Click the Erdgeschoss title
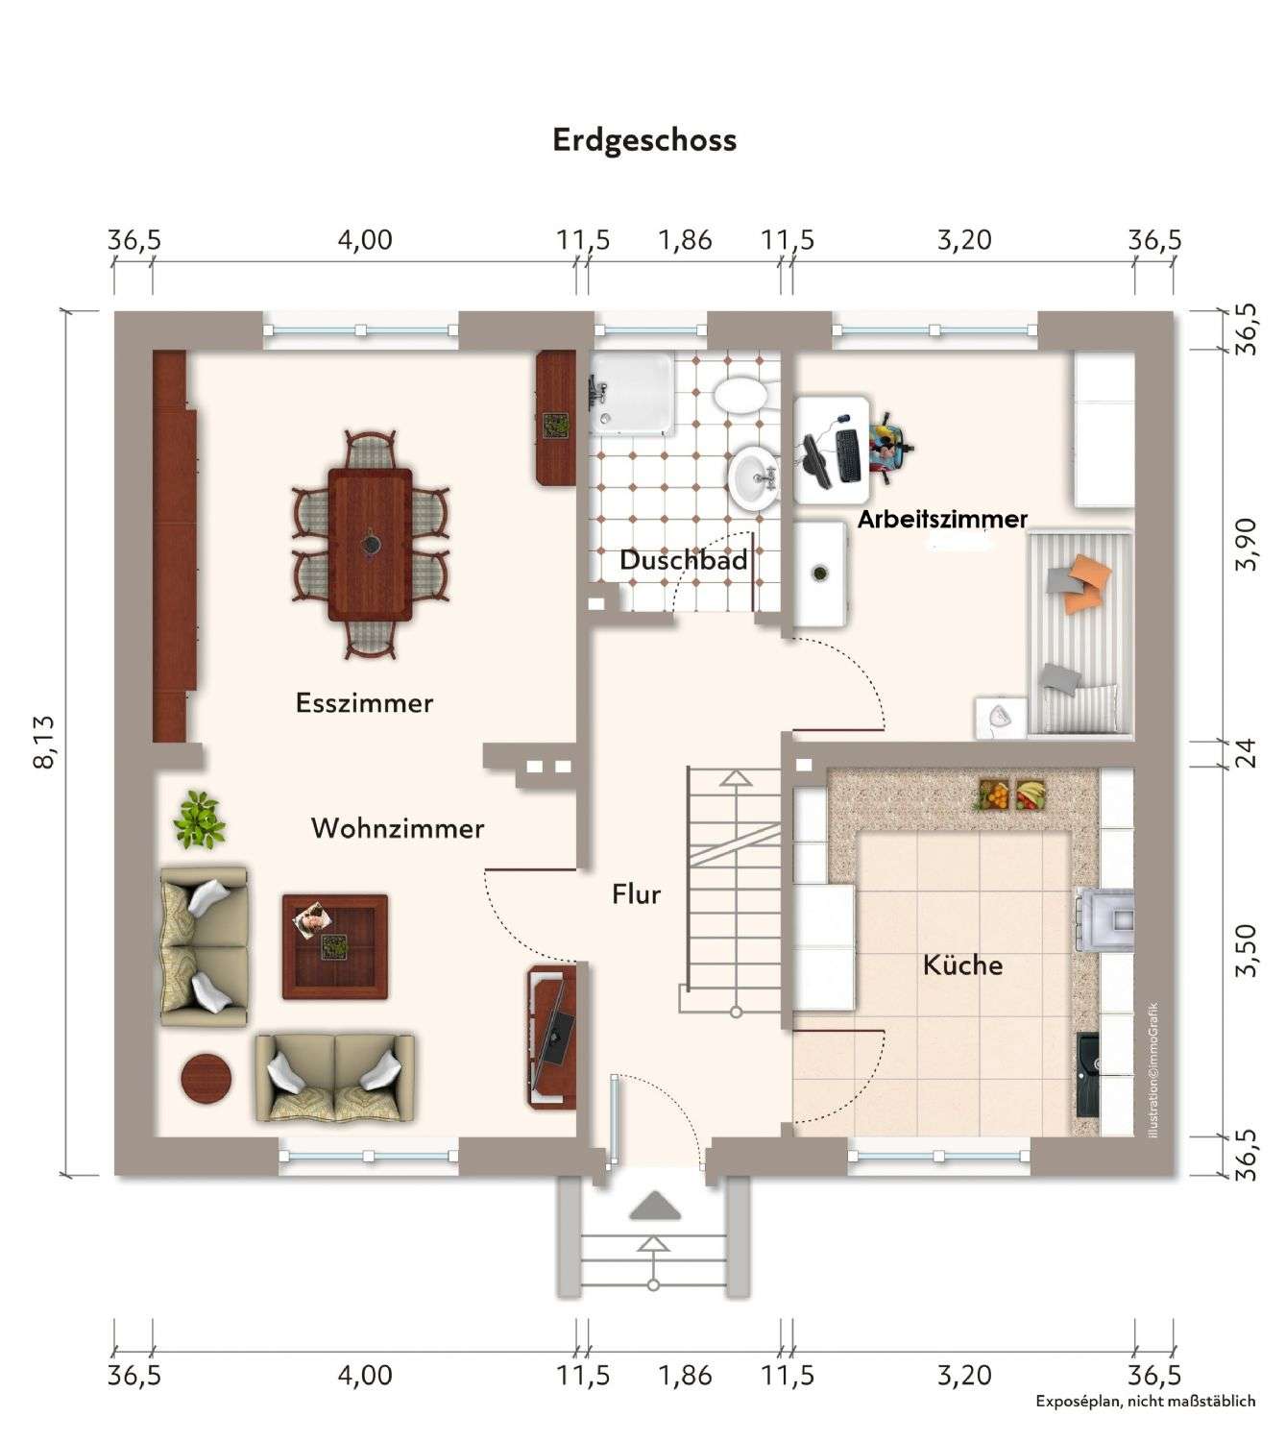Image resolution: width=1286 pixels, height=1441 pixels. tap(644, 141)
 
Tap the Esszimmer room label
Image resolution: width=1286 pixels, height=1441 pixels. tap(364, 702)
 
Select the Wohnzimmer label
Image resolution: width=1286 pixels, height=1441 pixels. tap(398, 828)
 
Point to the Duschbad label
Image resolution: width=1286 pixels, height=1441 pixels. tap(684, 560)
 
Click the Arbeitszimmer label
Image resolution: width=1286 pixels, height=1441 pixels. tap(942, 519)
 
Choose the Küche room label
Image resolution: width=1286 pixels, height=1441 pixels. tap(963, 965)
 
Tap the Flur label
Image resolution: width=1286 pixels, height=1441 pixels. tap(637, 894)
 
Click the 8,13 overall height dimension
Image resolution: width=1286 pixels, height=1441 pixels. tap(43, 742)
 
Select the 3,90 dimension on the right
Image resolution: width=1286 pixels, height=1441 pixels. tap(1246, 544)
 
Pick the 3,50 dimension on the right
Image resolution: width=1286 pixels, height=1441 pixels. tap(1246, 951)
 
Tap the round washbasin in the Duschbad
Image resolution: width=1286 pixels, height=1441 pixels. tap(753, 477)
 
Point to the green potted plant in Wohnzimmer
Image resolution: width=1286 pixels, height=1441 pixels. tap(199, 819)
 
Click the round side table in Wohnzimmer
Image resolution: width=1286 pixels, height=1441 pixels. tap(206, 1078)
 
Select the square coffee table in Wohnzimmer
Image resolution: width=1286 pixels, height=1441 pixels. tap(335, 947)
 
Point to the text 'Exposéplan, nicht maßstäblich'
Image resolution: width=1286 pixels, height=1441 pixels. tap(1145, 1402)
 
